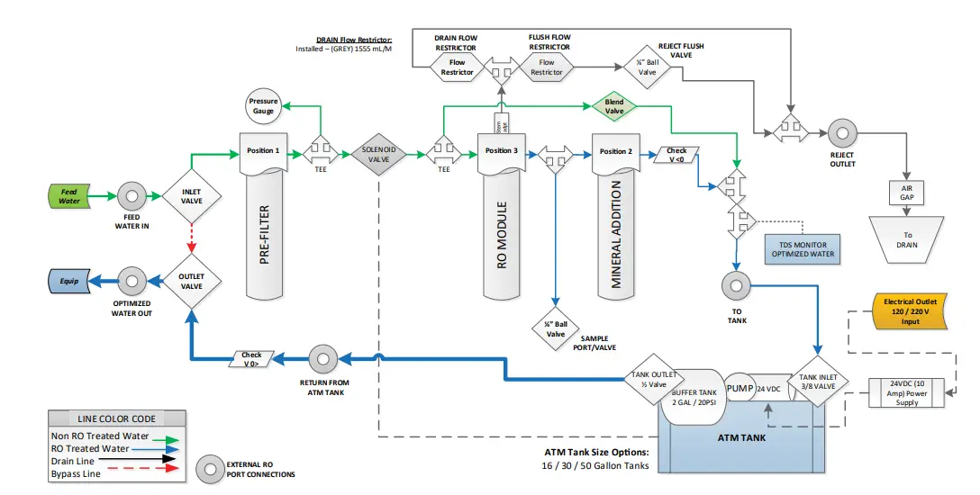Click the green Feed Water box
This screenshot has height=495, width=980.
tap(68, 195)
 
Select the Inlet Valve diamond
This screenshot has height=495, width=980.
tap(191, 195)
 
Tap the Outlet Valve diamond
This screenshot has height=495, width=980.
tap(191, 281)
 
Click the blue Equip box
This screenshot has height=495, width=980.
tap(68, 281)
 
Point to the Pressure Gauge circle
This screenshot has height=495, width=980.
tap(263, 106)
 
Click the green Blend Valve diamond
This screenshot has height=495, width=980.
tap(613, 107)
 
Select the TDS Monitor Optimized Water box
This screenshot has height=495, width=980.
tap(803, 248)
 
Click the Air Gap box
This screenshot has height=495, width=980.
tap(905, 193)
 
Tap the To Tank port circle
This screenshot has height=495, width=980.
tap(736, 285)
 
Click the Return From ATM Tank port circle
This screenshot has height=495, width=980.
tap(322, 358)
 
